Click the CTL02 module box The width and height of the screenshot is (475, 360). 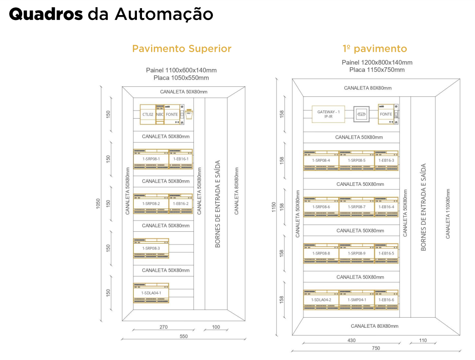coord(147,115)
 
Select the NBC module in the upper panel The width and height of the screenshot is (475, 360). coord(160,115)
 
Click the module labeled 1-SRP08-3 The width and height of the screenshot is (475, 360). coord(151,248)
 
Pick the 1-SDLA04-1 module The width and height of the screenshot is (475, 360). coord(151,293)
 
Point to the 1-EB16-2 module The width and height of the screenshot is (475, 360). coord(181,204)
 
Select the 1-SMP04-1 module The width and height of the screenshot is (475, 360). coord(357,300)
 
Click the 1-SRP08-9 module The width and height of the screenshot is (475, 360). coord(357,253)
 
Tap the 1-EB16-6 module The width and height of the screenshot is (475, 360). coord(386,300)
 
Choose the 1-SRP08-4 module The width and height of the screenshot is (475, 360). coord(321,160)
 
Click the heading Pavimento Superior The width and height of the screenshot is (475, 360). coord(182,49)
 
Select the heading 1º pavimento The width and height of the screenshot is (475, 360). coord(374,49)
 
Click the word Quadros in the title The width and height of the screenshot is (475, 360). coord(46,14)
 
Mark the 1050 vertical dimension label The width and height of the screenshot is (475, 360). coord(98,205)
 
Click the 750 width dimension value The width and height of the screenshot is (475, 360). coord(376,348)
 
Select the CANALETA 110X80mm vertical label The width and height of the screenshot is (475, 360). coord(448,214)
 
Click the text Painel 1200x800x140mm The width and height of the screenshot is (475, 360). coord(377,63)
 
